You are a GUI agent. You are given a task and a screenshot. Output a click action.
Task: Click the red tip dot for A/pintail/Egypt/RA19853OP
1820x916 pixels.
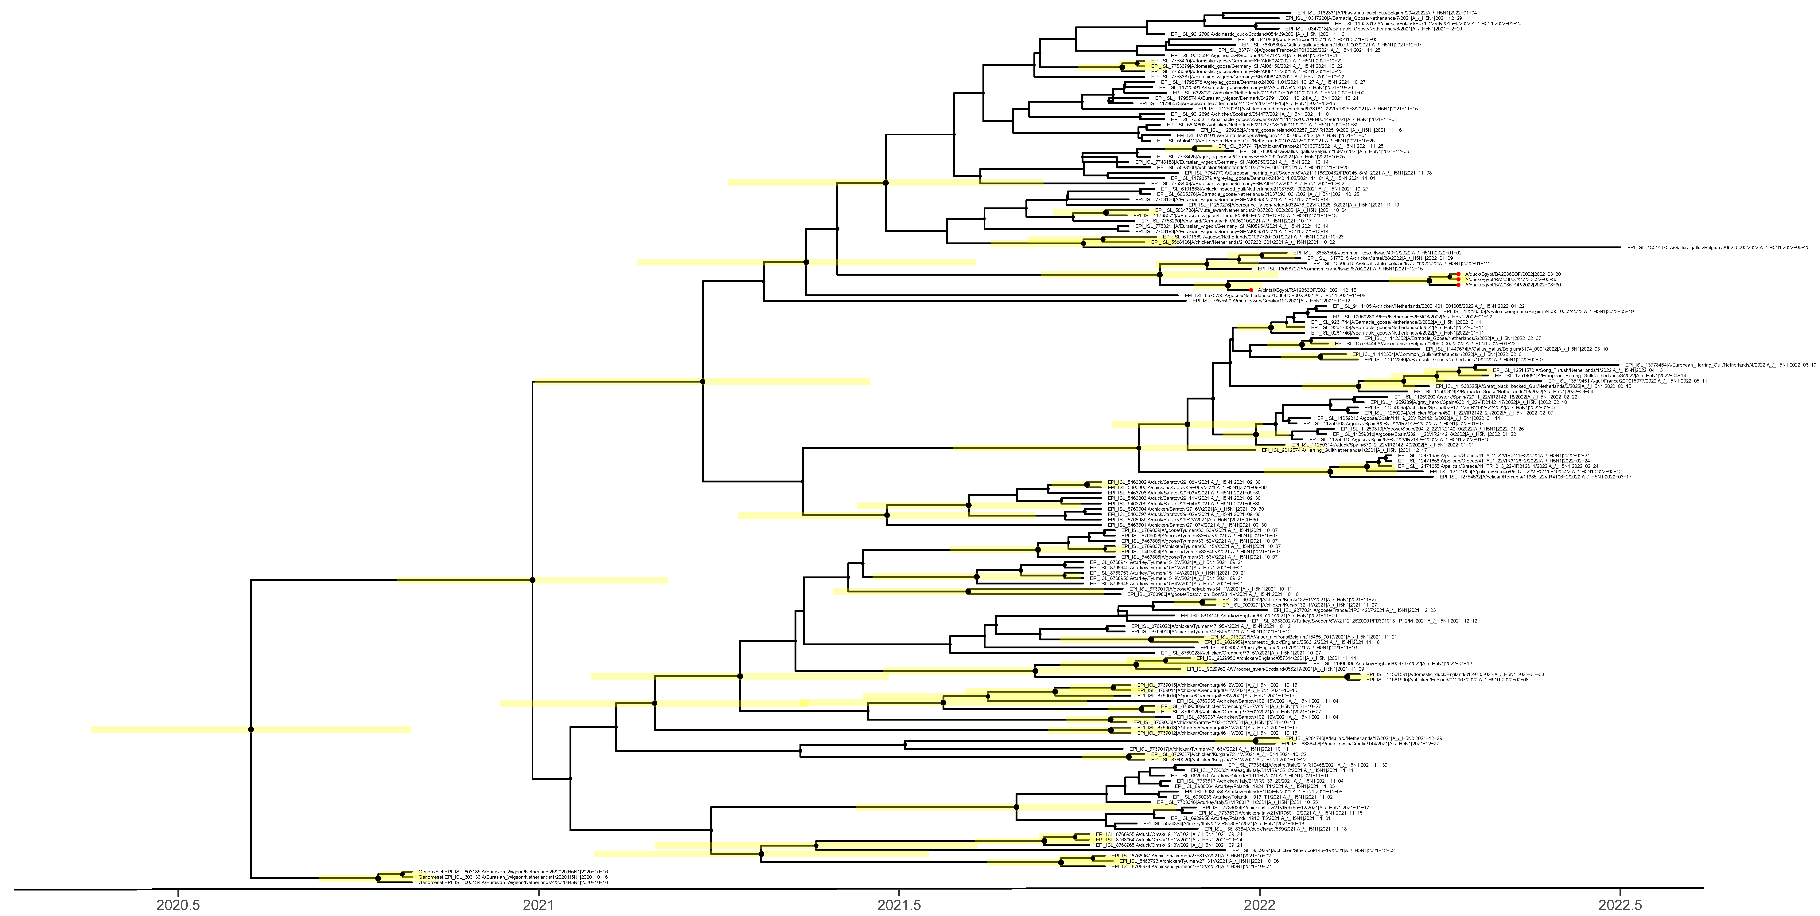(1250, 290)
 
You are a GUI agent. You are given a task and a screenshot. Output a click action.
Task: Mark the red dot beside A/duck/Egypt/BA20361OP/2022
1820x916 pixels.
(1458, 285)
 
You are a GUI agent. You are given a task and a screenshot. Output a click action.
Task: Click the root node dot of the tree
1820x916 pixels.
(251, 729)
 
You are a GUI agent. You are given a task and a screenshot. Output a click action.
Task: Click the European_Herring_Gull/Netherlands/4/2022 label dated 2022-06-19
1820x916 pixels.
(1724, 365)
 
